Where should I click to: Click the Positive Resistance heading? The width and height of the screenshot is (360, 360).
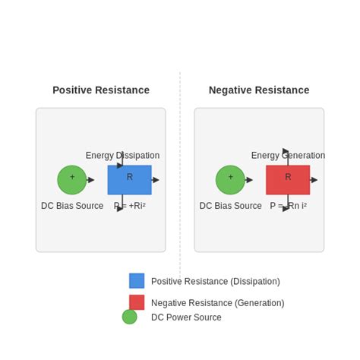[101, 90]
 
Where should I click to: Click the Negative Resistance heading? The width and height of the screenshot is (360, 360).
[259, 90]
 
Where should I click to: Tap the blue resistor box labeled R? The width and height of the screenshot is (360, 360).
[129, 180]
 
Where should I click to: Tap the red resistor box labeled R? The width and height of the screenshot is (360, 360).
[288, 180]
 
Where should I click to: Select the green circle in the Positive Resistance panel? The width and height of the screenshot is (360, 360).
[72, 180]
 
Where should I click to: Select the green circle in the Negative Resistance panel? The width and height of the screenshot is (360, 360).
[230, 180]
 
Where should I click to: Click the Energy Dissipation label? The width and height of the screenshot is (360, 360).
[122, 156]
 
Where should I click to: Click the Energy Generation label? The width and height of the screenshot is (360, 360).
[288, 156]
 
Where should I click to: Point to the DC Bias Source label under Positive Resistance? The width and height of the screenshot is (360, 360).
[72, 206]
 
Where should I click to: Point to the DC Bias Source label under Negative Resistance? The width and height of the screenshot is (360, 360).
[230, 206]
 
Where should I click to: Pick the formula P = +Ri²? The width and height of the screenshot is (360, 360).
[130, 206]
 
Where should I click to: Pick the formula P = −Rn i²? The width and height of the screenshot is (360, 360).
[288, 206]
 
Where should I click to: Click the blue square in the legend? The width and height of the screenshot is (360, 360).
[137, 281]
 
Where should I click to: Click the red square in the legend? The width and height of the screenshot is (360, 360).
[137, 302]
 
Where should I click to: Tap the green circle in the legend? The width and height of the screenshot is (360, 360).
[130, 317]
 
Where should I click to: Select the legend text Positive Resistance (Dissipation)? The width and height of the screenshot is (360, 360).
[215, 282]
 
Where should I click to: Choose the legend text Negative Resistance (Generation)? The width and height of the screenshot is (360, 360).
[217, 303]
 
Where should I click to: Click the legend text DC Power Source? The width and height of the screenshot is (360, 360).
[186, 317]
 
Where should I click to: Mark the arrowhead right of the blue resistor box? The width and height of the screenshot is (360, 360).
[156, 180]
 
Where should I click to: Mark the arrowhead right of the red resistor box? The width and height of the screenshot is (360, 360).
[314, 180]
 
